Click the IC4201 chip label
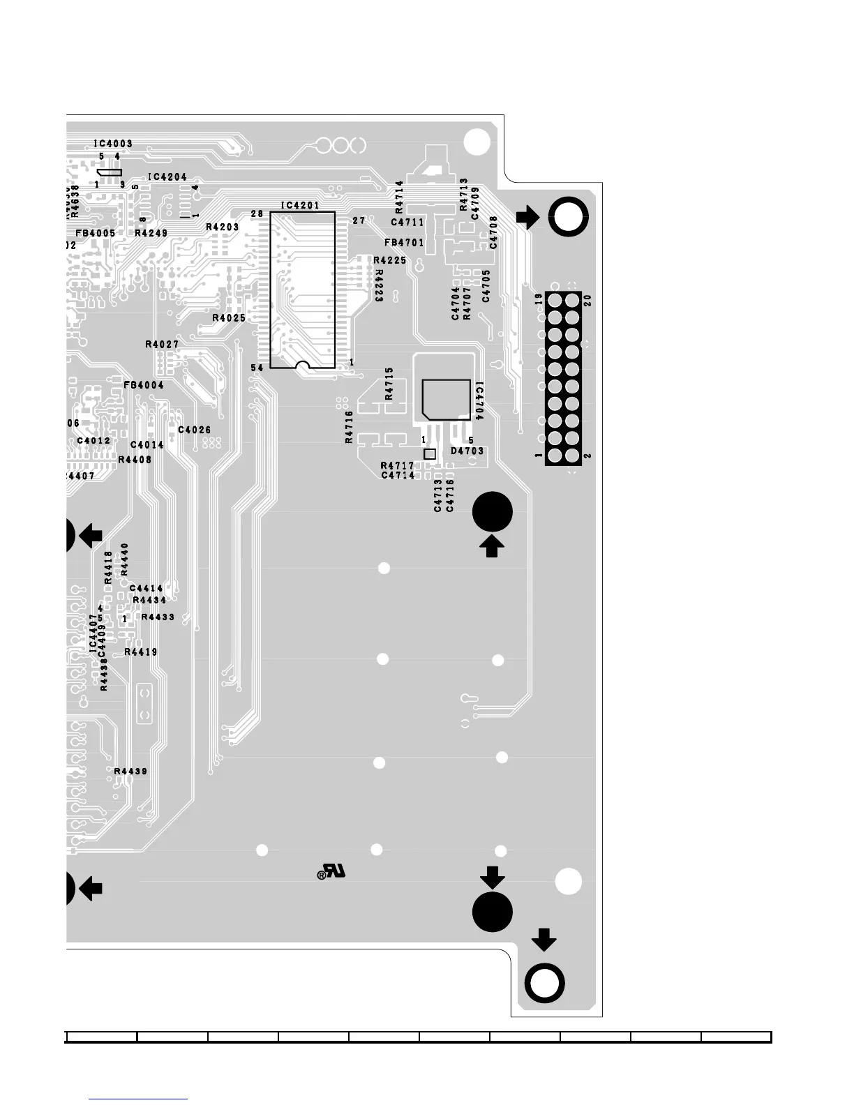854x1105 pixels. tap(300, 205)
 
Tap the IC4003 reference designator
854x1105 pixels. tap(113, 144)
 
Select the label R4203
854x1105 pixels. tap(222, 227)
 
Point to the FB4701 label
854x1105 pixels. tap(404, 243)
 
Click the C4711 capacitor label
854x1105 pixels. tap(407, 223)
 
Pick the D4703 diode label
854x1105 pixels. tap(467, 451)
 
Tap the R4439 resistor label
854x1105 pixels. tap(130, 772)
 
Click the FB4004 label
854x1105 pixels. tap(144, 385)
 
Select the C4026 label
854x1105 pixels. tap(194, 430)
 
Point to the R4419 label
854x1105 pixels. tap(140, 652)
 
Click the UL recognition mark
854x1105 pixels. tap(331, 872)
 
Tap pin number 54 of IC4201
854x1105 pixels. tap(257, 368)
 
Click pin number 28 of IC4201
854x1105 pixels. tap(257, 213)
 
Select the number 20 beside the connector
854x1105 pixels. tap(587, 300)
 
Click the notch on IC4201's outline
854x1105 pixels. tap(302, 365)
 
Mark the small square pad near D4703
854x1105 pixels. tap(430, 454)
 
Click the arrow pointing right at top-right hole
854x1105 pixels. tap(528, 217)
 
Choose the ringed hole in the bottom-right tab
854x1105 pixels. tap(544, 983)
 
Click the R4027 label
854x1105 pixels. tap(162, 345)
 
